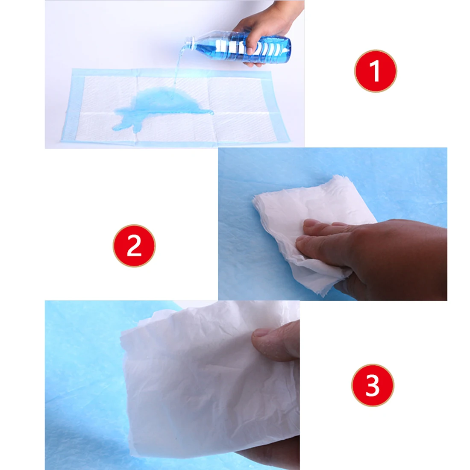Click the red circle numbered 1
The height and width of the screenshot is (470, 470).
[376, 71]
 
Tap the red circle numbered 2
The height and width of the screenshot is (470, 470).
[134, 246]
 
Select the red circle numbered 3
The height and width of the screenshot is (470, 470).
[373, 385]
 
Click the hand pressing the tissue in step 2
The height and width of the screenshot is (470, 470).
[375, 255]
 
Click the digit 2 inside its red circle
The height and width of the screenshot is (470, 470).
[134, 246]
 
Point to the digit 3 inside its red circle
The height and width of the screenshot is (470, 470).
[373, 385]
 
